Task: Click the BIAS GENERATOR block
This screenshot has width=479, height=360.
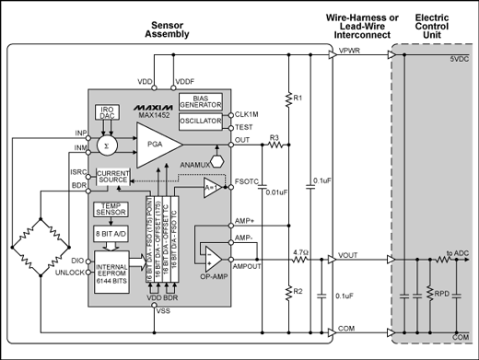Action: pyautogui.click(x=200, y=101)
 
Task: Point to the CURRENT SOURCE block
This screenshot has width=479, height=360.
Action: pyautogui.click(x=113, y=178)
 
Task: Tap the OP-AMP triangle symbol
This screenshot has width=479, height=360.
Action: pyautogui.click(x=214, y=259)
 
